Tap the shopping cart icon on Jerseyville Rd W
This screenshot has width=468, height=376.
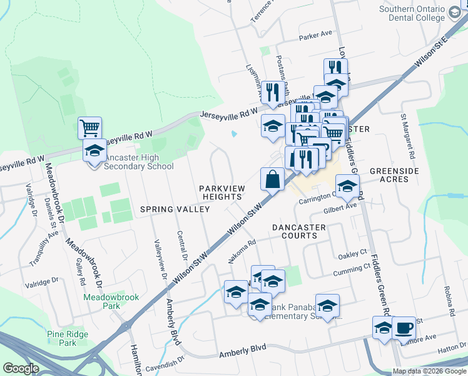(89, 128)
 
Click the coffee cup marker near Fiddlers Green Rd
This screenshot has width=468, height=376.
(404, 328)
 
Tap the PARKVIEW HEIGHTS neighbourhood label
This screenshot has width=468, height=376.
(221, 192)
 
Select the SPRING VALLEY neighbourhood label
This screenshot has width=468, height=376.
(175, 209)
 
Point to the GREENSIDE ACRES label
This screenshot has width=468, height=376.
(398, 175)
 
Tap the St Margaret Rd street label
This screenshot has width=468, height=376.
(404, 134)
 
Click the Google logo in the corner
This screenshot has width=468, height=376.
(21, 368)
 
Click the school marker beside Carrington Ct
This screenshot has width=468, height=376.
(347, 185)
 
